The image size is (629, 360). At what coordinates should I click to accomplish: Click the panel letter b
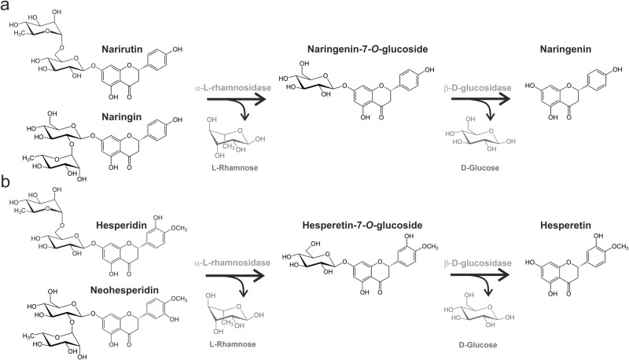point(6,186)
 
